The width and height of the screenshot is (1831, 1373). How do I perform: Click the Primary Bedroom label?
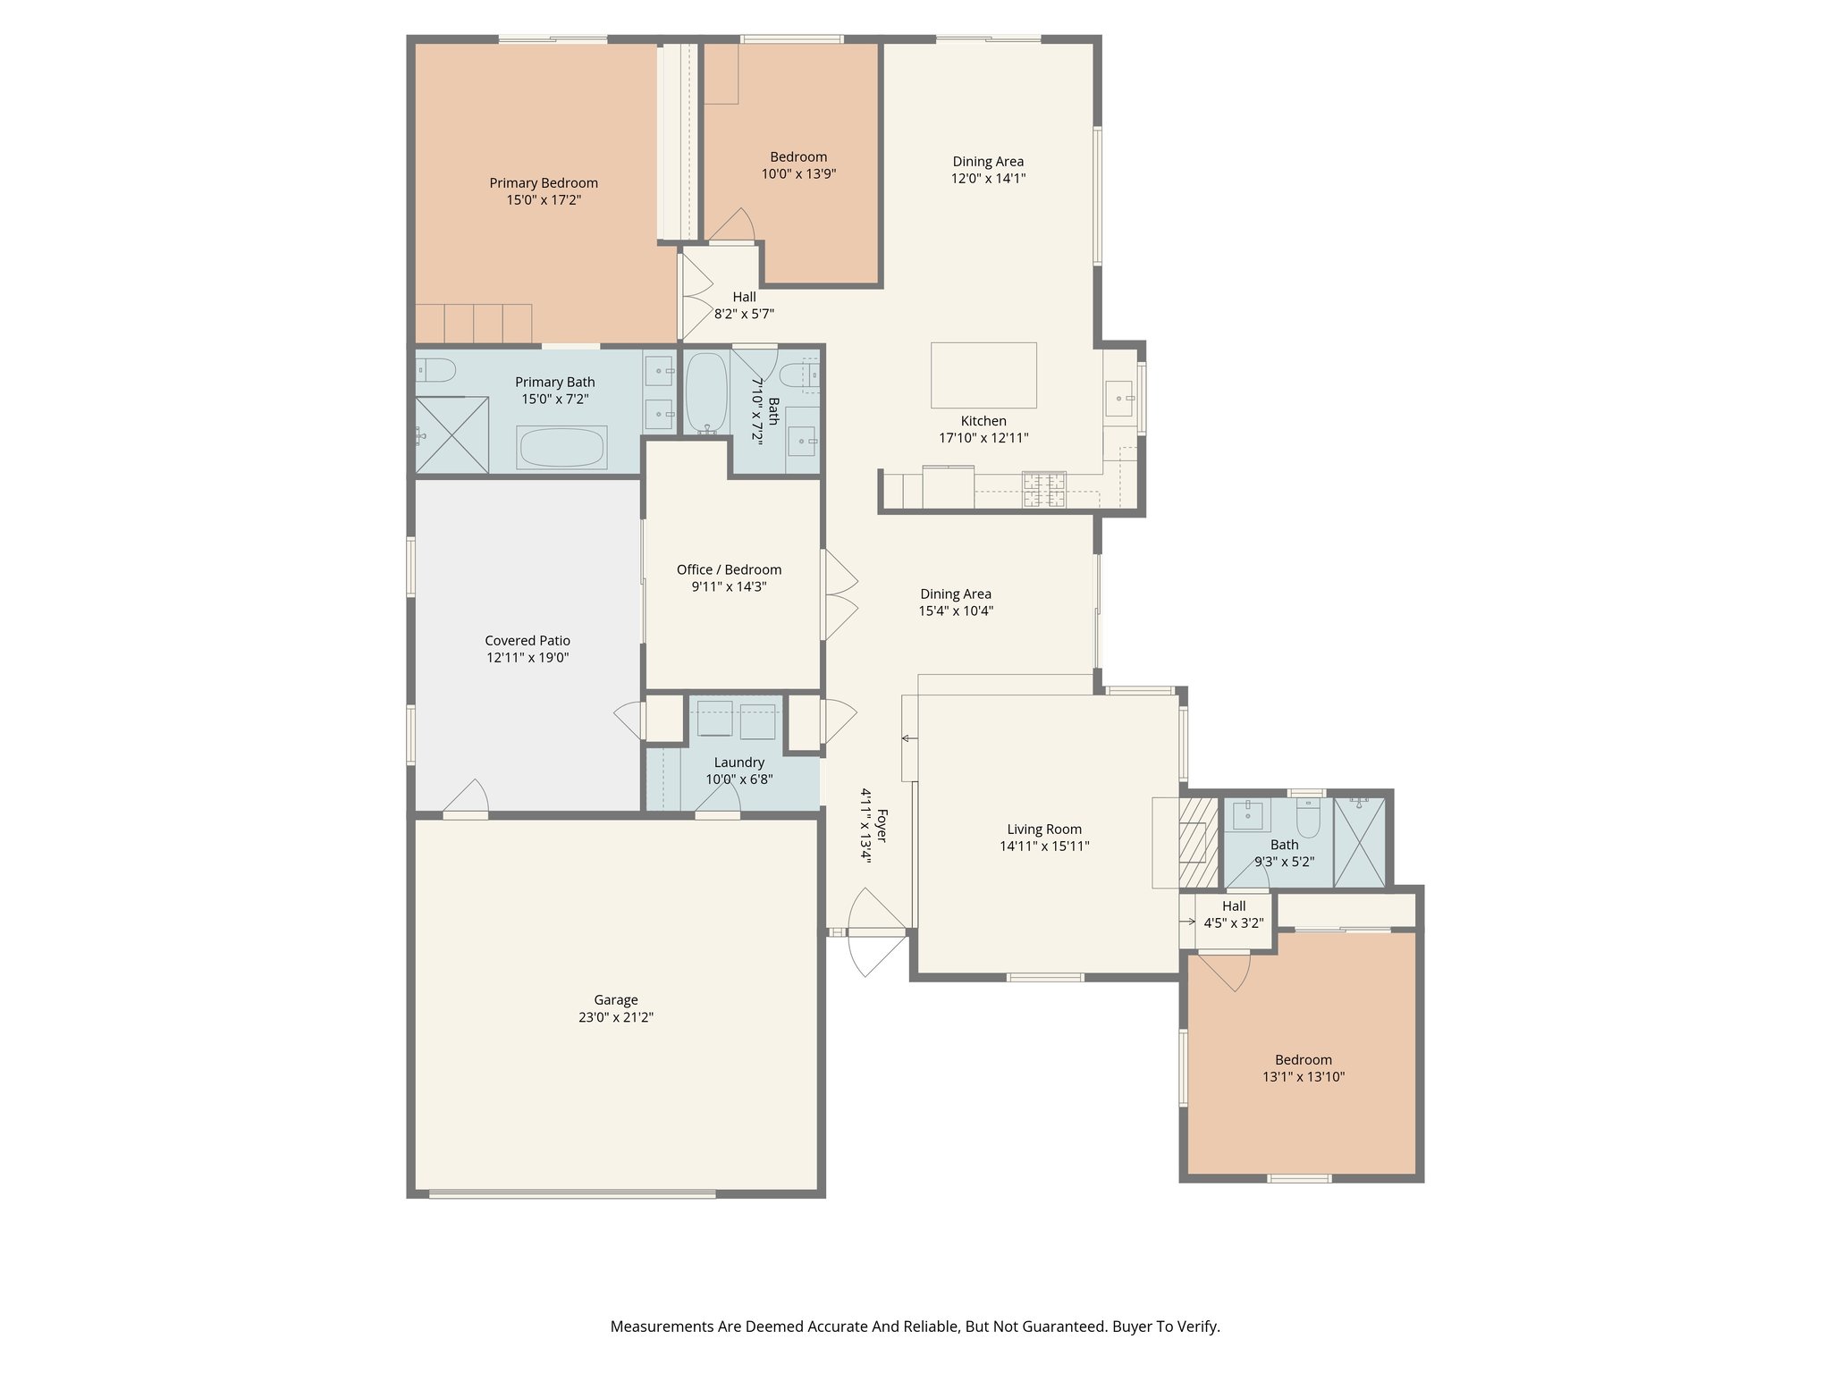click(x=543, y=183)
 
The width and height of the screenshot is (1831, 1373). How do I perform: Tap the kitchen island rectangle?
click(x=983, y=375)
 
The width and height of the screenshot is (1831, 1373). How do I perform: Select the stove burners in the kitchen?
click(x=1044, y=490)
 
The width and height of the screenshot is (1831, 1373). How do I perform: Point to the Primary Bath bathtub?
click(x=561, y=447)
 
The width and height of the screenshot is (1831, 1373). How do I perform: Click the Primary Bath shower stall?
click(x=452, y=435)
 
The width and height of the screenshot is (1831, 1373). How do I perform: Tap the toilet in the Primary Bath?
click(x=435, y=369)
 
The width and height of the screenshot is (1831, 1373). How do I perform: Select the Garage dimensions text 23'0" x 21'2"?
click(x=615, y=1017)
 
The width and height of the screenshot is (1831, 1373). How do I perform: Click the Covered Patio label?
click(x=527, y=641)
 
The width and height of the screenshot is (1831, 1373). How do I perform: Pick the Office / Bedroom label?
click(x=729, y=570)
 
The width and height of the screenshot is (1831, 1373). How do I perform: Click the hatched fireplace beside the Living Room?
click(x=1198, y=842)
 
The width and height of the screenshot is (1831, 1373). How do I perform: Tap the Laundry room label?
click(x=738, y=762)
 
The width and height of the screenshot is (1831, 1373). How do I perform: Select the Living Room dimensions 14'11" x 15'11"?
click(x=1044, y=847)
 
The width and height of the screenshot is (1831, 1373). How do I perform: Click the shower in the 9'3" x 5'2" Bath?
click(x=1359, y=842)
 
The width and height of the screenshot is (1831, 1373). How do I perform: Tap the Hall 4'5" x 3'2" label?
click(x=1234, y=906)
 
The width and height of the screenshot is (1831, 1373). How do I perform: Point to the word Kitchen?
click(x=983, y=421)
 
